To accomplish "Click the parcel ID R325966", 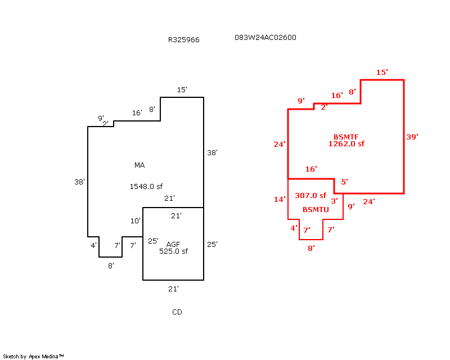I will click(x=183, y=40).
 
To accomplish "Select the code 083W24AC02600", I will click(x=265, y=38).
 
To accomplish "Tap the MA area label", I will click(x=139, y=165).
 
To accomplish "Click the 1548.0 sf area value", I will click(x=146, y=186).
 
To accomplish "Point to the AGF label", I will click(x=173, y=244).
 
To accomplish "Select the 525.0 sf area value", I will click(x=173, y=251).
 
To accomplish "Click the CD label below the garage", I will click(x=177, y=312).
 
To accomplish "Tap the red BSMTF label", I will click(x=346, y=137).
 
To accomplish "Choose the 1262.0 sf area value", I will click(x=346, y=144).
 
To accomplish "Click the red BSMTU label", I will click(x=315, y=210).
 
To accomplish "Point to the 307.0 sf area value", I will click(x=310, y=196).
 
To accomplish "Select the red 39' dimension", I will click(x=412, y=137).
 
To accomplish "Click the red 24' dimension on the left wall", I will click(x=280, y=145).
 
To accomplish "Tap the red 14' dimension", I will click(x=280, y=200).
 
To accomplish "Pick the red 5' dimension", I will click(x=344, y=182).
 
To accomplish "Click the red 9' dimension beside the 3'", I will click(x=351, y=206).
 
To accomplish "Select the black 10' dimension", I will click(x=135, y=220).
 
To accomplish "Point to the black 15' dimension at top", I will click(x=182, y=90).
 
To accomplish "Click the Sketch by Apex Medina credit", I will click(x=33, y=357).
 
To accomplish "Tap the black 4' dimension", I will click(x=94, y=245).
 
